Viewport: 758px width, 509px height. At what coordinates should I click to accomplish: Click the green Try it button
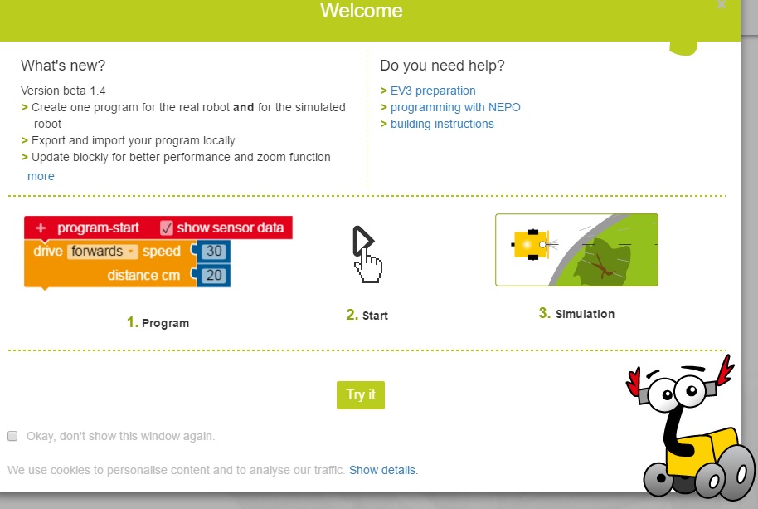[x=361, y=394]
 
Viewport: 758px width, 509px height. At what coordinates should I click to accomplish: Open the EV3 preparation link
[x=433, y=91]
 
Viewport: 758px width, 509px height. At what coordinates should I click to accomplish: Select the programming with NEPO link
[x=455, y=107]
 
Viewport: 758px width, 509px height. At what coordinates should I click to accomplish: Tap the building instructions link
[x=442, y=124]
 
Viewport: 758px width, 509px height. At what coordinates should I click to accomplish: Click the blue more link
[x=41, y=176]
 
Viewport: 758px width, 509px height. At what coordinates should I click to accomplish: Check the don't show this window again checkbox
[x=12, y=436]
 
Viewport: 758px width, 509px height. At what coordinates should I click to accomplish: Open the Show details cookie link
[x=381, y=470]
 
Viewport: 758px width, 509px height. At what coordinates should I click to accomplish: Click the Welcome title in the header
[x=361, y=11]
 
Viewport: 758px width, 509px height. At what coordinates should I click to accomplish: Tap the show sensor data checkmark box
[x=167, y=228]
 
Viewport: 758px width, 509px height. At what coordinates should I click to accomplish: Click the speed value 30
[x=214, y=251]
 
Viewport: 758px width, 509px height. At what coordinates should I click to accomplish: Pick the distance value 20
[x=214, y=276]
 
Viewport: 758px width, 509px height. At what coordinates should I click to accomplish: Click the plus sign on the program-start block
[x=41, y=228]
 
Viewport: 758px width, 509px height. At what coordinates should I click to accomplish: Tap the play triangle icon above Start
[x=362, y=240]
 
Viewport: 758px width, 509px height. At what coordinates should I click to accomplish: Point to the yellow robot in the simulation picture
[x=530, y=245]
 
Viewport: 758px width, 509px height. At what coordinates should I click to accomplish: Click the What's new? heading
[x=63, y=66]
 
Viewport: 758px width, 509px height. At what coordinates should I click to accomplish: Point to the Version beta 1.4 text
[x=63, y=91]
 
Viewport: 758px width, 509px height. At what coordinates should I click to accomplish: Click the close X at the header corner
[x=722, y=4]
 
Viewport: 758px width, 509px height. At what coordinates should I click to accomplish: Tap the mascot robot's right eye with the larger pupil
[x=690, y=390]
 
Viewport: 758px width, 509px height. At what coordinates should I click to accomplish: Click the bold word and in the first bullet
[x=243, y=107]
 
